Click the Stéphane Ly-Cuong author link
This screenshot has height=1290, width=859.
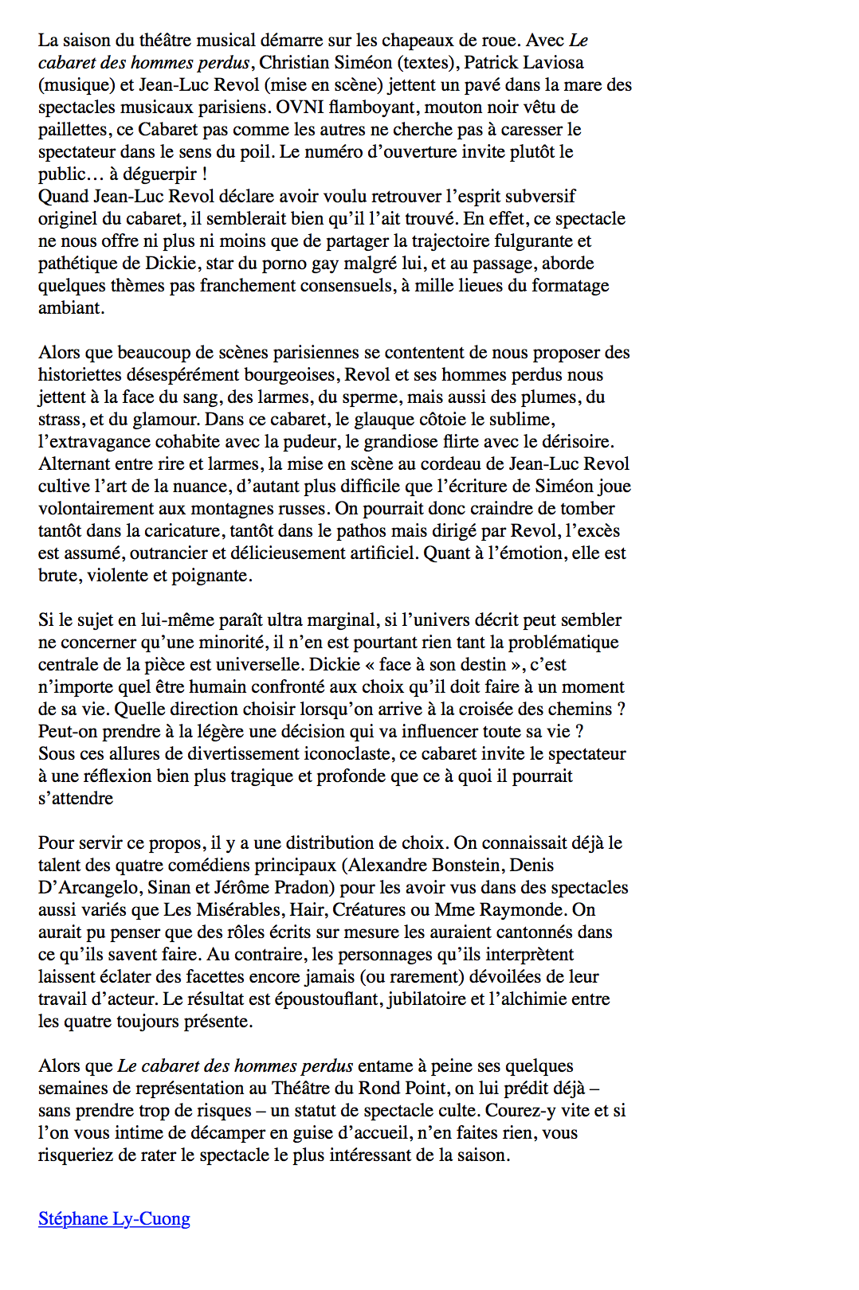coord(114,1218)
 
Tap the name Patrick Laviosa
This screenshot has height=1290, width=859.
coord(524,62)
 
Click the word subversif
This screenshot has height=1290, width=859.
coord(535,196)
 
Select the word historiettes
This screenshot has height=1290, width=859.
coord(88,374)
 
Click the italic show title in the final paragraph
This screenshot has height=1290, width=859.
coord(235,1065)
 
